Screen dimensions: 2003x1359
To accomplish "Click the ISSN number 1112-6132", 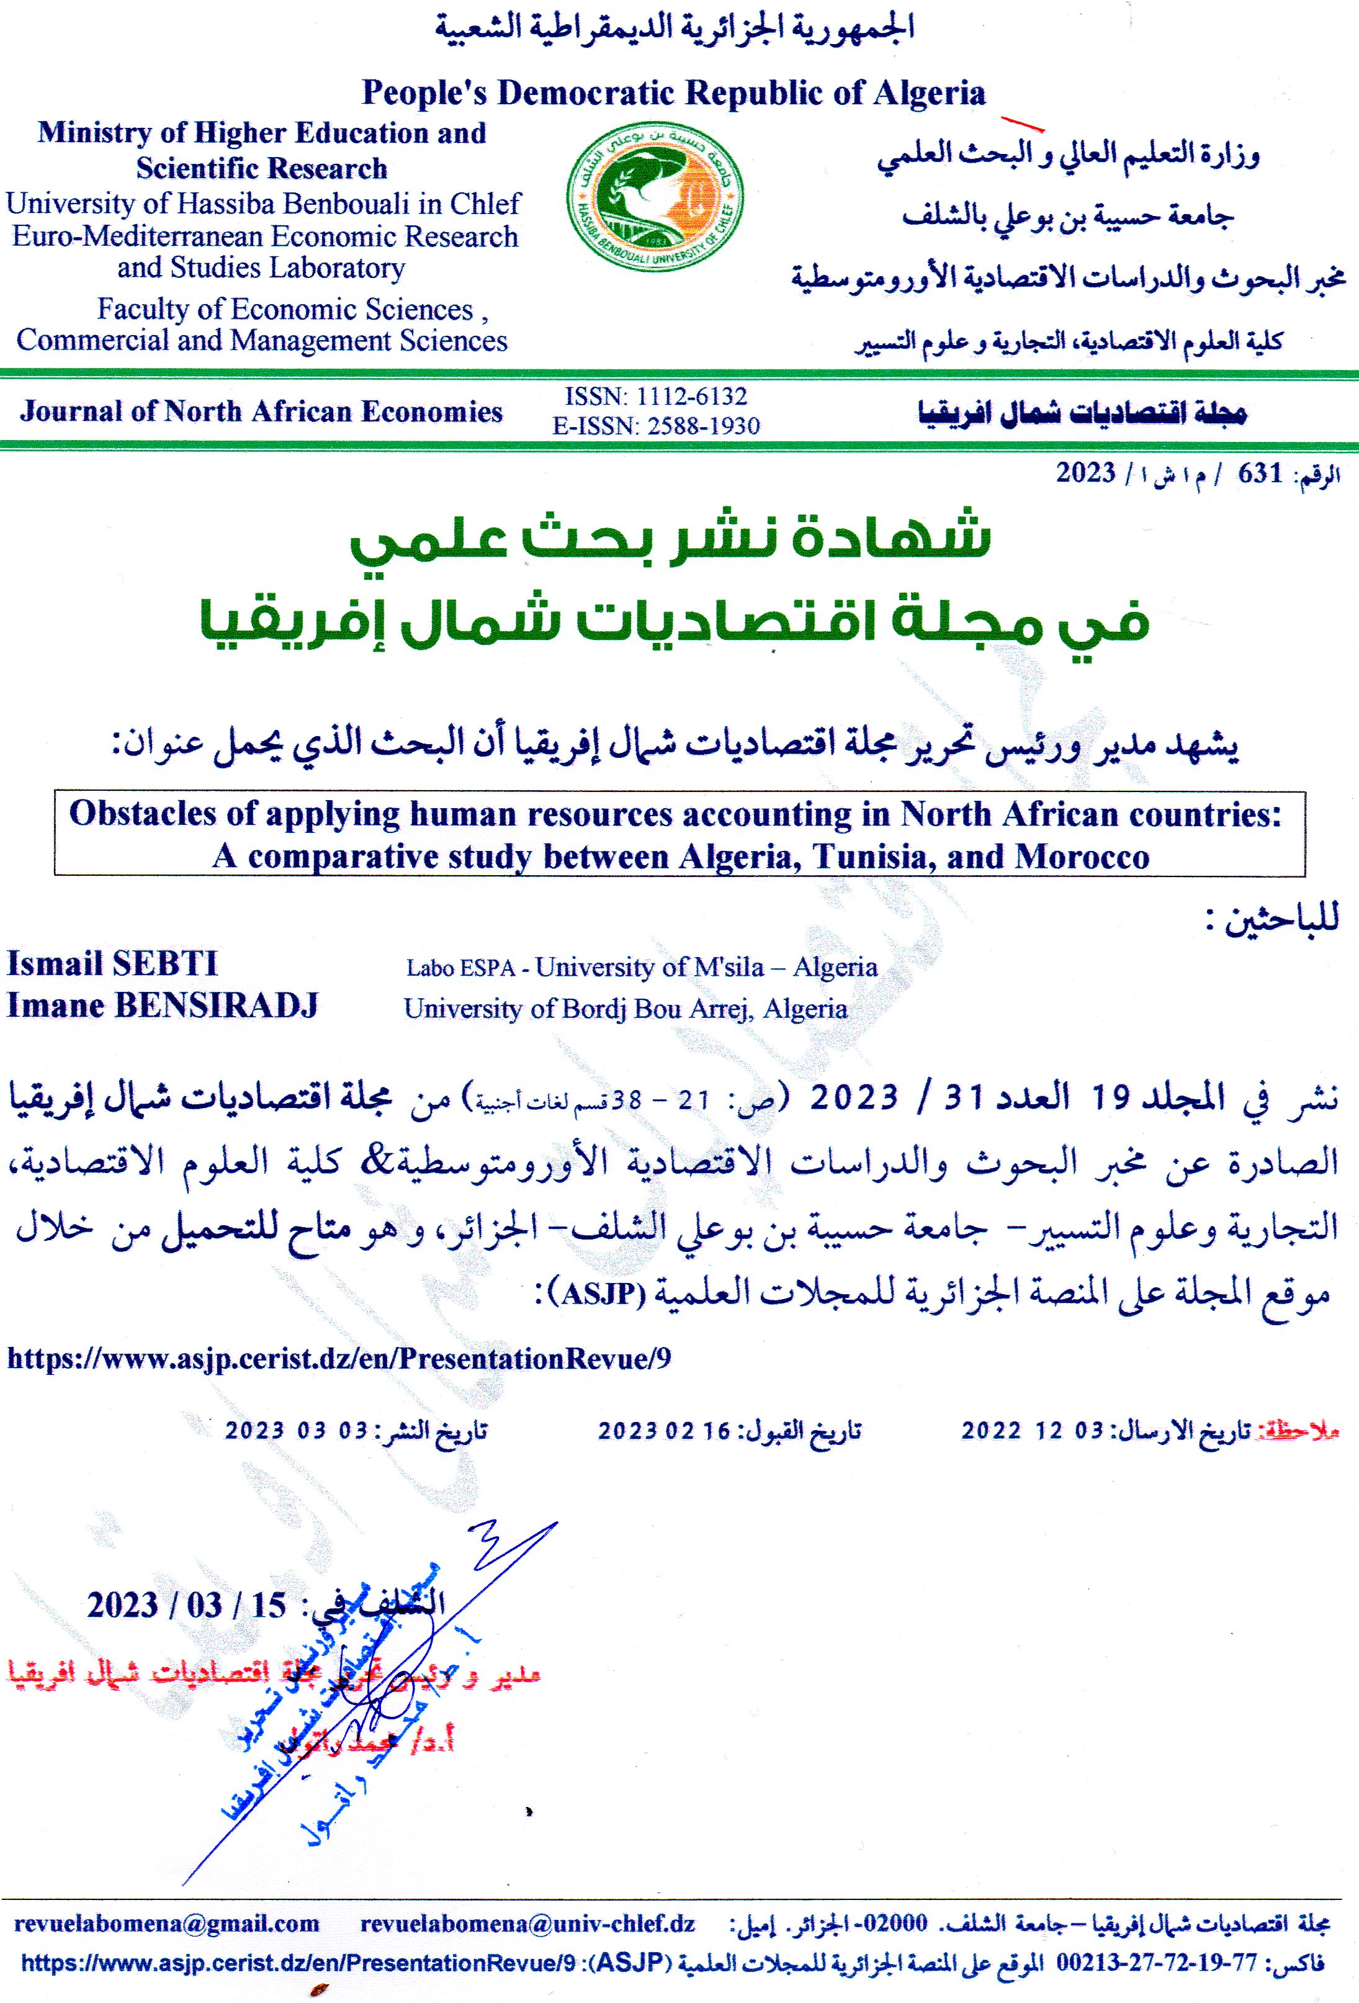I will (691, 397).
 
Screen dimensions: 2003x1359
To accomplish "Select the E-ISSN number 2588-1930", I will (703, 426).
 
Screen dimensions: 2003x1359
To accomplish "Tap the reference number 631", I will (1260, 473).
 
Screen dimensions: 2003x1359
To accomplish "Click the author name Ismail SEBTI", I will (112, 963).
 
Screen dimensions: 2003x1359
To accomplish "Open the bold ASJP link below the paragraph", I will (338, 1359).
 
